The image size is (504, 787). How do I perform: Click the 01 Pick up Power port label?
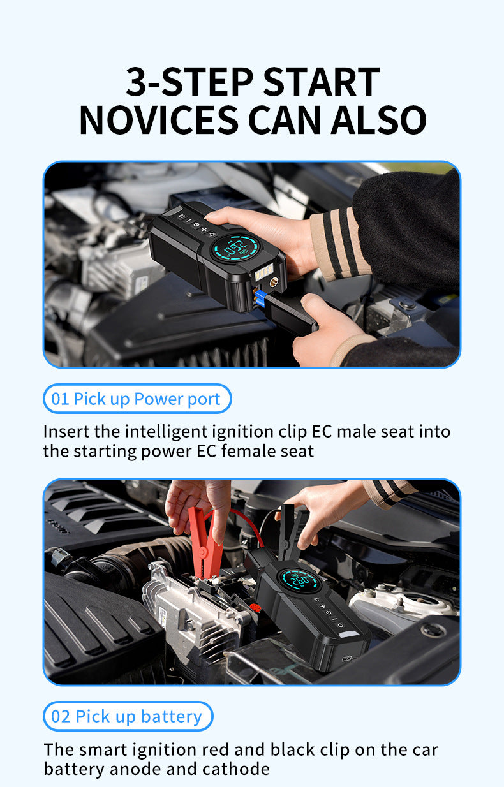137,399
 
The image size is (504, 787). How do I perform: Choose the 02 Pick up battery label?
128,716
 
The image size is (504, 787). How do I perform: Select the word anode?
137,769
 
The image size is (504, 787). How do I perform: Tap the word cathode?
236,769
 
